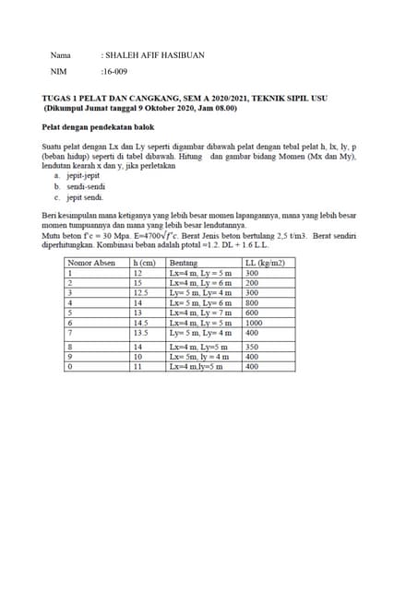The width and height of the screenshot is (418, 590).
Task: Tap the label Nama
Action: (60, 55)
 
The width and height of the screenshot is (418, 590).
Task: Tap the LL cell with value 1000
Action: (254, 323)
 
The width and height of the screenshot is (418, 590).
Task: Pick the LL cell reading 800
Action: (251, 302)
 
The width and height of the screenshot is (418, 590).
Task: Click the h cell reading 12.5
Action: (141, 292)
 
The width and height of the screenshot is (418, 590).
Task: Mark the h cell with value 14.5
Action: (141, 323)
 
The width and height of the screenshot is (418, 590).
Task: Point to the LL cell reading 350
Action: (251, 346)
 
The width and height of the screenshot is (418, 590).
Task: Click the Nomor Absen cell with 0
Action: (67, 365)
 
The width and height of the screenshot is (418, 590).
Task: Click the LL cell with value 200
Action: (251, 283)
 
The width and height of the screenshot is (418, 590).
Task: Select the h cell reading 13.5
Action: (141, 332)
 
